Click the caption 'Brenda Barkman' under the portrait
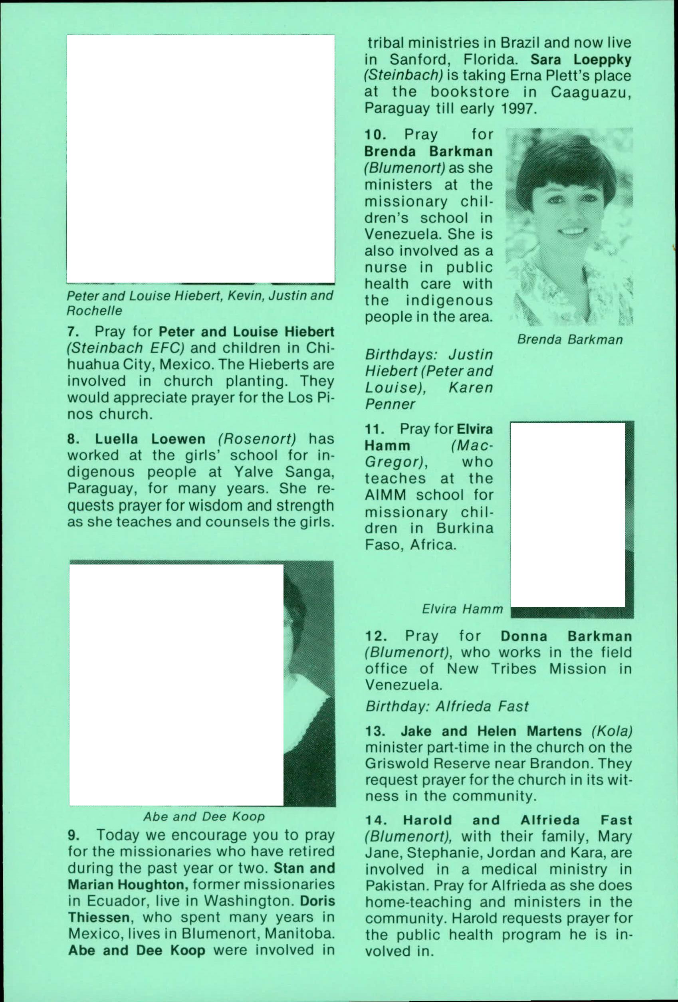coord(570,340)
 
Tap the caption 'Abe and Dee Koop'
coord(204,817)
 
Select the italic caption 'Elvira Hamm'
coord(462,609)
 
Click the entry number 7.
coord(72,333)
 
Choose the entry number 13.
coord(373,732)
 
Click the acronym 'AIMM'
coord(386,495)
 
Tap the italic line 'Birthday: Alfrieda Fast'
coord(447,707)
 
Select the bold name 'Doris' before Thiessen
coord(317,901)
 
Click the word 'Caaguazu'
coord(591,92)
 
